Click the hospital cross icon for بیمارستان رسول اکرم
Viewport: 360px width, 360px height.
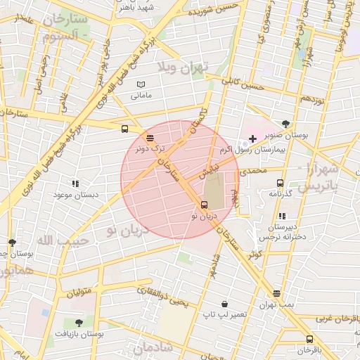253,139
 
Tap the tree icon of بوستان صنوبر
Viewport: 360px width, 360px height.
285,124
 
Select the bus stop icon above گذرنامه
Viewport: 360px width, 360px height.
281,183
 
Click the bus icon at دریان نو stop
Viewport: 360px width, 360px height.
204,205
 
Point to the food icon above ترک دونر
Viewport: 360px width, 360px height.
149,138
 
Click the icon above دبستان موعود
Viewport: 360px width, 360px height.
76,184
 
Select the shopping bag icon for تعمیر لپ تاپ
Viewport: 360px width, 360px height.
224,304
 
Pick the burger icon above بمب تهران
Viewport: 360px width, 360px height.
276,293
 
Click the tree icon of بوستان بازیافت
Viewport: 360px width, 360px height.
77,323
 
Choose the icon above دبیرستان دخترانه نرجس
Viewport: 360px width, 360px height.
282,217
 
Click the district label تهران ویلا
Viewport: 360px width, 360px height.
184,68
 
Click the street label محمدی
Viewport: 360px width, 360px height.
253,171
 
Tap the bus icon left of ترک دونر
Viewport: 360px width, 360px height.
124,129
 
